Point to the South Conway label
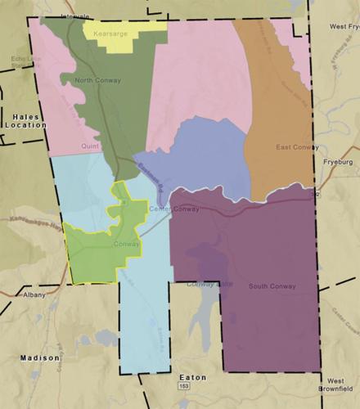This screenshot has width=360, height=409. point(271,285)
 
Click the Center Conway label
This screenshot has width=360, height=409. point(175,209)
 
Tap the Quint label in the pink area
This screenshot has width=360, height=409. point(89,146)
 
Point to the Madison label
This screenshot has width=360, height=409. point(39,358)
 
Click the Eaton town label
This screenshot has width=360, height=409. point(192,378)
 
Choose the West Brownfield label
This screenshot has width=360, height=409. point(337,385)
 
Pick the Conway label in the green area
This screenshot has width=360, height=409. point(127,243)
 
